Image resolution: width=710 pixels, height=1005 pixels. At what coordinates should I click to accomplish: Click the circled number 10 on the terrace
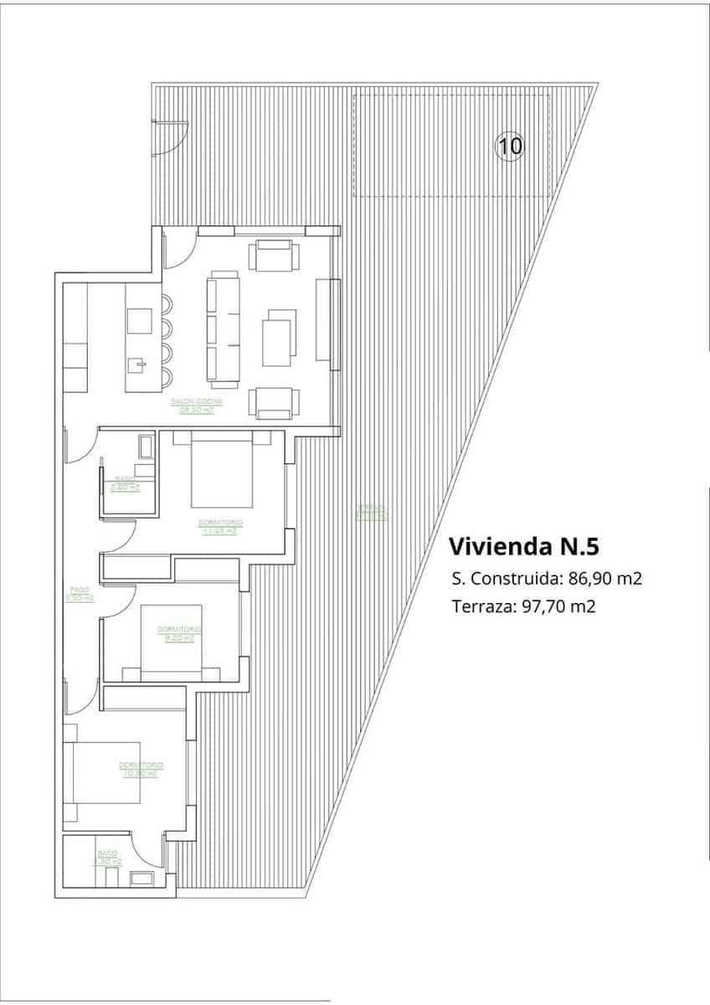tap(510, 147)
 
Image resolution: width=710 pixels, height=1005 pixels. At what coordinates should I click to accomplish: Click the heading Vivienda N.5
tap(525, 547)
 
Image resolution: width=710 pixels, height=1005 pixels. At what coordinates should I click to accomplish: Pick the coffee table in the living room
tap(279, 338)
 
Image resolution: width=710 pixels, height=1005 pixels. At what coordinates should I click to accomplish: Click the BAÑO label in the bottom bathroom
tap(107, 853)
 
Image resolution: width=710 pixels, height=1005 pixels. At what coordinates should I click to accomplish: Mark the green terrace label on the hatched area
tap(371, 511)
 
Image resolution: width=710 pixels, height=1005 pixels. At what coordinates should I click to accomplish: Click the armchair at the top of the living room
tap(275, 256)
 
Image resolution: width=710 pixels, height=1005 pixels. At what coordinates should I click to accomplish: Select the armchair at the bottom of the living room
tap(275, 402)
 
